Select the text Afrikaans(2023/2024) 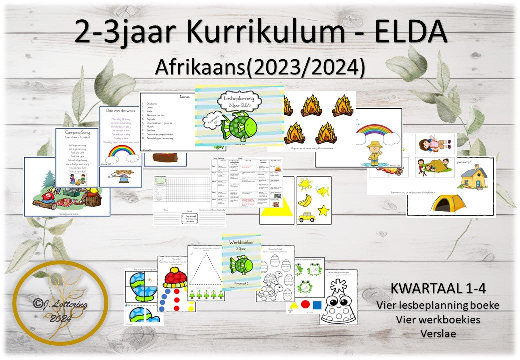260,67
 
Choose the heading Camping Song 76,133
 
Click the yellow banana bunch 306,200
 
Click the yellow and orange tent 446,202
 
